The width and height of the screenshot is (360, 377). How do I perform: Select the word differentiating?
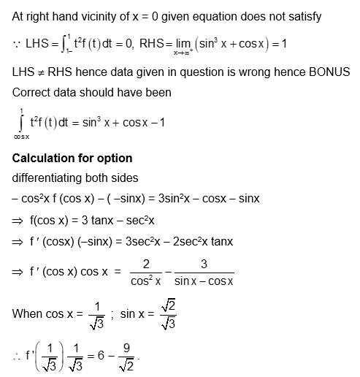tap(49, 178)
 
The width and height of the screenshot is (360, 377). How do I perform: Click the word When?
tap(28, 315)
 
